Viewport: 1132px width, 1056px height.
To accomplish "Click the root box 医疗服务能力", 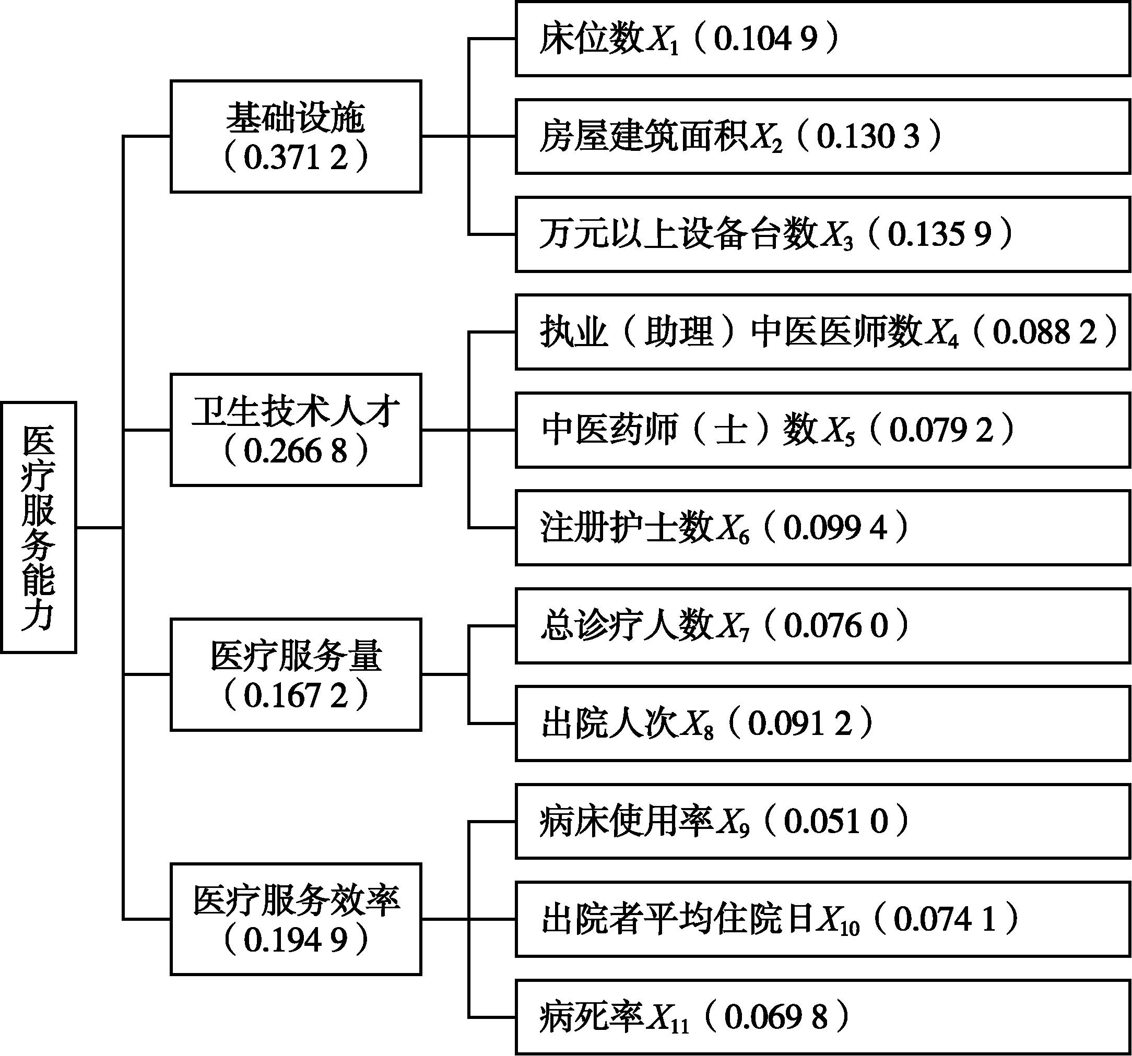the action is [39, 527].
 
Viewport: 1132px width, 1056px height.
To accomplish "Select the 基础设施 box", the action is [296, 137].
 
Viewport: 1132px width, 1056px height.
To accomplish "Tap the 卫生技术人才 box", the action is [296, 430].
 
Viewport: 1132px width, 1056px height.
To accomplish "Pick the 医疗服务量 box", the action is [296, 674].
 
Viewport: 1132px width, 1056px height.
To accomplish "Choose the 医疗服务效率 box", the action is [296, 919].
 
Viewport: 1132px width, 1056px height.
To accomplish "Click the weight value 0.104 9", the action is [765, 39].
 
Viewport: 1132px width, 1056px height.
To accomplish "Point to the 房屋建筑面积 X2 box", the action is [823, 137].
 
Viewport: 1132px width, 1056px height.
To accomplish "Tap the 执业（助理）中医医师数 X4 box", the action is [823, 332].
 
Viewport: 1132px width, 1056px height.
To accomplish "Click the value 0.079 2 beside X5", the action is [941, 430].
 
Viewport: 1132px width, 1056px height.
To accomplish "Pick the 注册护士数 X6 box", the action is [823, 527].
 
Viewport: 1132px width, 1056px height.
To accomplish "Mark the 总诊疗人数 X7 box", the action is [823, 626].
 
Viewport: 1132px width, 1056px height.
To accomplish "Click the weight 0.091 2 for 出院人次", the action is [800, 723].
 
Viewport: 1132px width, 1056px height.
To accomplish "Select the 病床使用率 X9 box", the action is [823, 821].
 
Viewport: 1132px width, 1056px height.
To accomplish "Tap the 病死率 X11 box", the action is [823, 1017].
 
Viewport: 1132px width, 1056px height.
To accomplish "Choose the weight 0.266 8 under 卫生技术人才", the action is [296, 451].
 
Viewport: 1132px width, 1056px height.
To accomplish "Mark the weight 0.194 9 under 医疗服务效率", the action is [296, 941].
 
